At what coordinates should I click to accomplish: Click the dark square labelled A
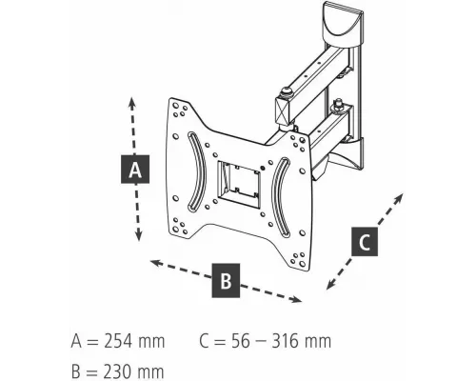(135, 170)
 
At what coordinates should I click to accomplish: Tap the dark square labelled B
(226, 280)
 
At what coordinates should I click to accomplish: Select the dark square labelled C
(365, 242)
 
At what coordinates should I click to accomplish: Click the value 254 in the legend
(113, 341)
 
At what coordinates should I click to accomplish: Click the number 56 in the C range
(241, 341)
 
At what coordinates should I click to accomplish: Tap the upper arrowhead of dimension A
(131, 102)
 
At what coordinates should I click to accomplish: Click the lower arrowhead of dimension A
(138, 235)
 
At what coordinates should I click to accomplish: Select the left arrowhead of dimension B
(155, 263)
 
